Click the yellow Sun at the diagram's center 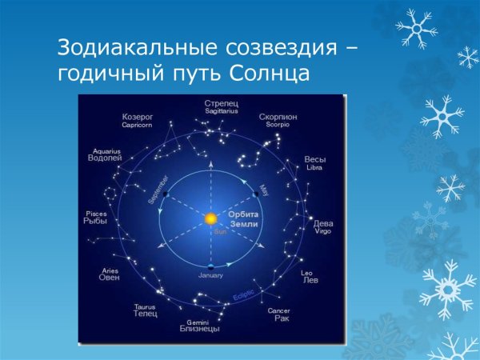(211, 218)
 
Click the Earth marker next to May (257, 194)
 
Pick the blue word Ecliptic (244, 295)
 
